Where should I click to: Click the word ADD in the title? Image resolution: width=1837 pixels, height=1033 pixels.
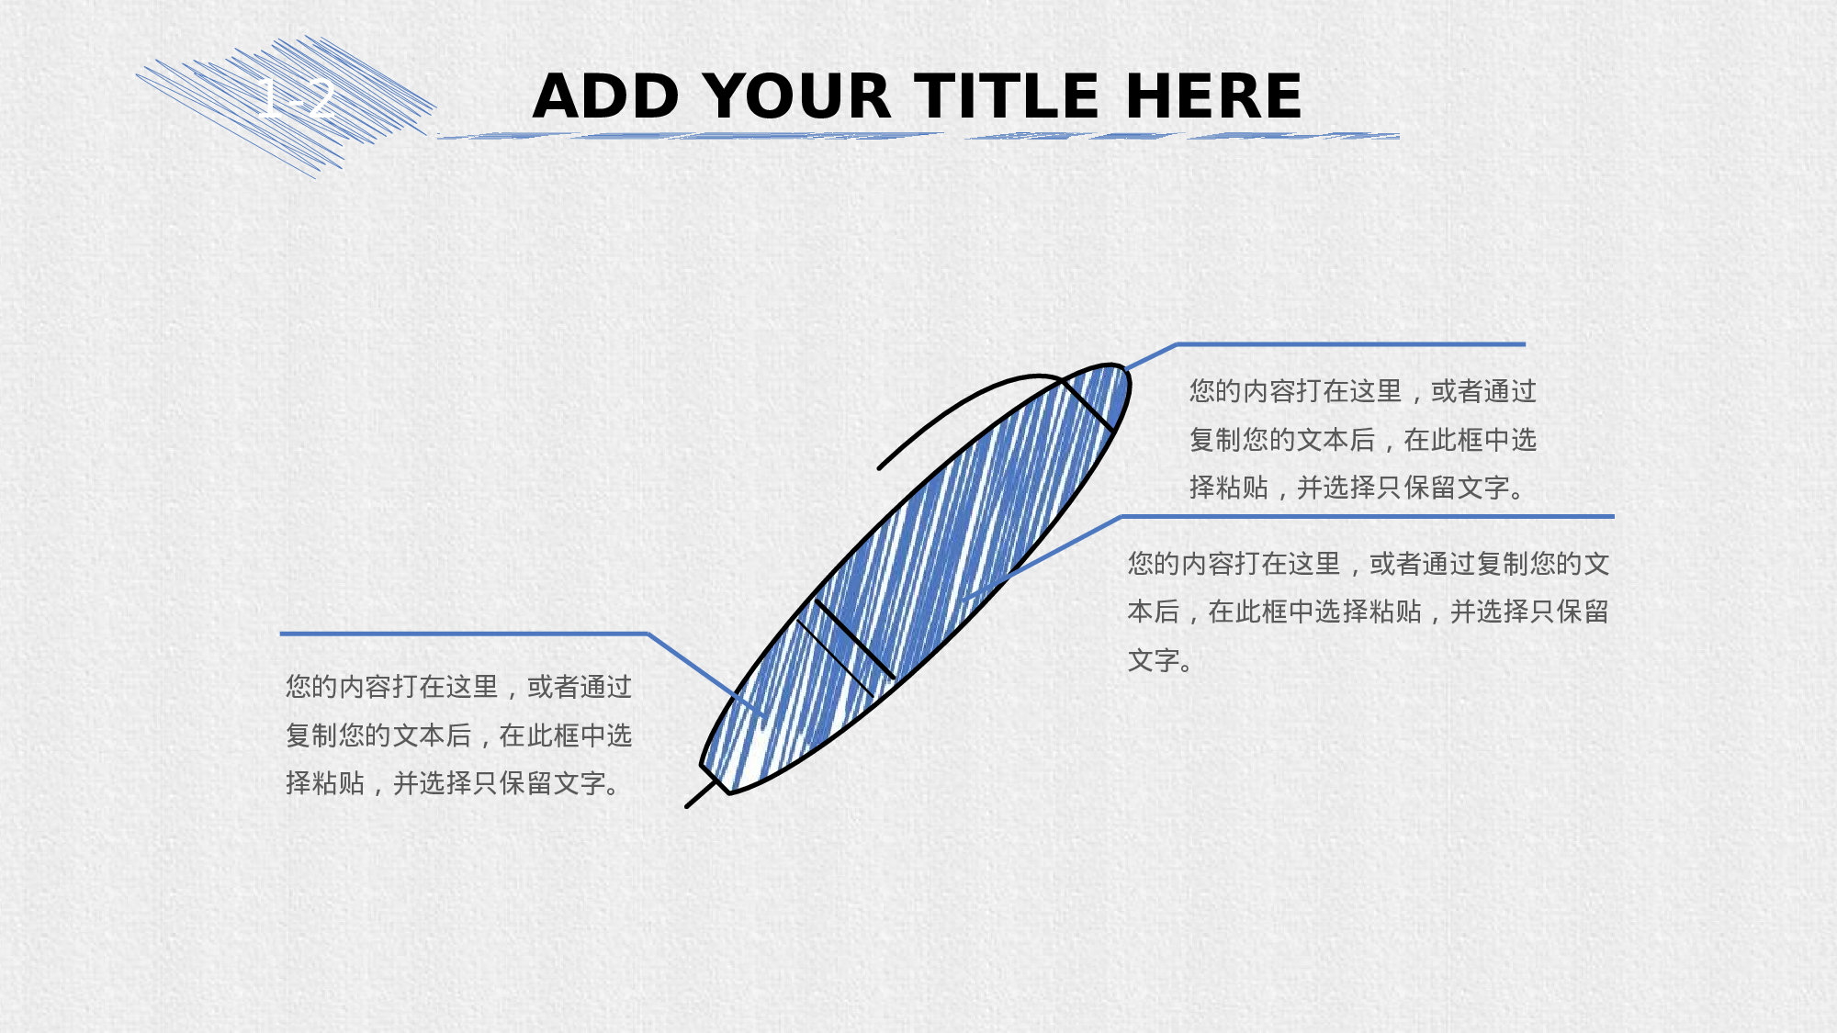click(x=606, y=95)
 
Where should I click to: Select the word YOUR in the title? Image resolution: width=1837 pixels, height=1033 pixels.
click(x=799, y=95)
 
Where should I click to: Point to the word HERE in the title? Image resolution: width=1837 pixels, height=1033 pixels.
click(x=1213, y=95)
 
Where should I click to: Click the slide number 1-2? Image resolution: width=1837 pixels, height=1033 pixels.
click(x=296, y=98)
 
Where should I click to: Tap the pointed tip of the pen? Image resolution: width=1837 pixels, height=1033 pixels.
click(x=688, y=806)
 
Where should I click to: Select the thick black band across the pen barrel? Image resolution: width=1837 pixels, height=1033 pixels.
click(x=854, y=640)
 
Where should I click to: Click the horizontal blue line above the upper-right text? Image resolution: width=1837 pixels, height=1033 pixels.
click(x=1351, y=344)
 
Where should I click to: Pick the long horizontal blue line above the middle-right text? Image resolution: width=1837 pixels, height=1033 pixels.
click(x=1368, y=517)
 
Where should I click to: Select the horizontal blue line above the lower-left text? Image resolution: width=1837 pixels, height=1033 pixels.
click(x=464, y=634)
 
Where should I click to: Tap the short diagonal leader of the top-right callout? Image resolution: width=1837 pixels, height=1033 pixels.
click(x=1151, y=356)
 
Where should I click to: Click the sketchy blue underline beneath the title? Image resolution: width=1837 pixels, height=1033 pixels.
click(x=918, y=136)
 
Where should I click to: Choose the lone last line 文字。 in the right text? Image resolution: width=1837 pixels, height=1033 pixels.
click(x=1160, y=660)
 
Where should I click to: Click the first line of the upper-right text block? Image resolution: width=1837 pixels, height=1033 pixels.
click(x=1363, y=391)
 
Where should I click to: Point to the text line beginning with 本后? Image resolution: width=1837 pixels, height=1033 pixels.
click(x=1368, y=612)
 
